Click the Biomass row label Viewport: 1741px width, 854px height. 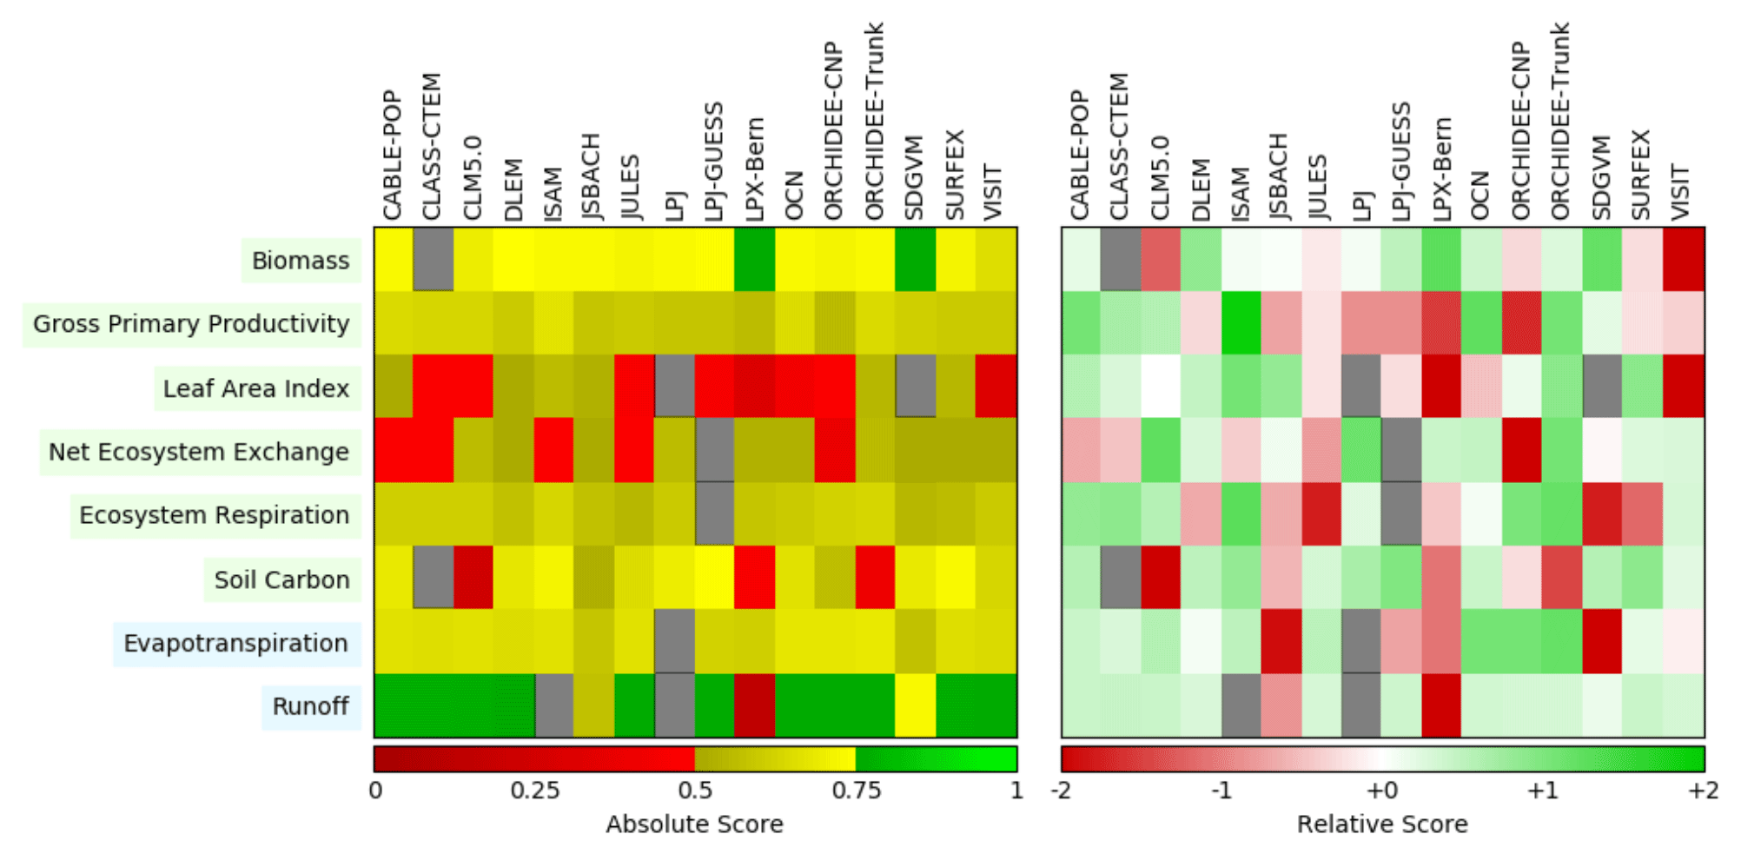(301, 261)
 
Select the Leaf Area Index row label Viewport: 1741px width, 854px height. (256, 388)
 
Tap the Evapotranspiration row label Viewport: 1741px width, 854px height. (235, 644)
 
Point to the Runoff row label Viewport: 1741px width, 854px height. (310, 706)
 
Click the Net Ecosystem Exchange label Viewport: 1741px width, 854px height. (199, 452)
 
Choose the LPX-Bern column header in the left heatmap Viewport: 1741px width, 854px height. (754, 169)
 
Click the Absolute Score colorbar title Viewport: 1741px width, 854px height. (694, 824)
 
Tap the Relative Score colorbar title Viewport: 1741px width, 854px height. (1382, 824)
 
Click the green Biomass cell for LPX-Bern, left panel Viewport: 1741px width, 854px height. (754, 259)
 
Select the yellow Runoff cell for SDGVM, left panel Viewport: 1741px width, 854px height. (916, 705)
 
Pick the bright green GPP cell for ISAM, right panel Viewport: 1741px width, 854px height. (1241, 323)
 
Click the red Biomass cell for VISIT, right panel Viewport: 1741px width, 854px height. (1684, 259)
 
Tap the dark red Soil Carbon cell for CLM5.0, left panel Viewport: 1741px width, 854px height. (473, 578)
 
